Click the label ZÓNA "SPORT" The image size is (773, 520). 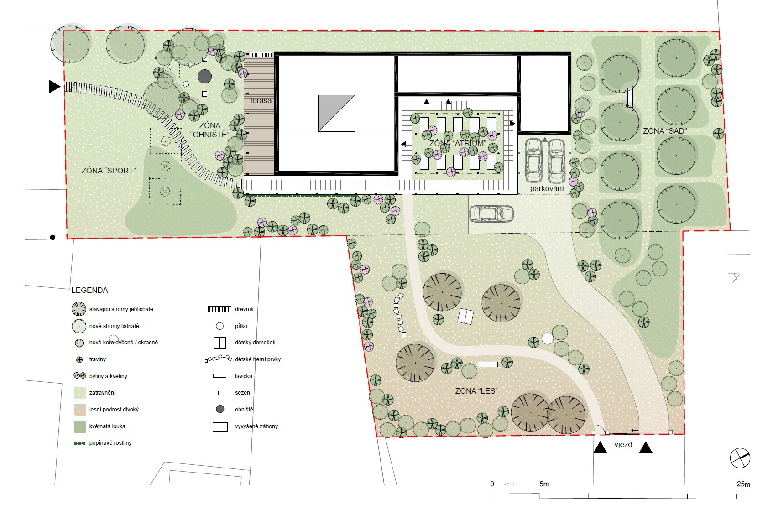pyautogui.click(x=108, y=171)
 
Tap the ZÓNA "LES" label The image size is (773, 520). pyautogui.click(x=476, y=391)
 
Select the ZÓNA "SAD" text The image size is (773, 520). pyautogui.click(x=665, y=131)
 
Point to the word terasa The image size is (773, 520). pyautogui.click(x=261, y=101)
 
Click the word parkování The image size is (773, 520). pyautogui.click(x=547, y=189)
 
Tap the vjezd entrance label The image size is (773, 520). pyautogui.click(x=623, y=444)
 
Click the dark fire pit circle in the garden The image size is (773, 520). pyautogui.click(x=204, y=76)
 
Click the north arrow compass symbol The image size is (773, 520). pyautogui.click(x=740, y=458)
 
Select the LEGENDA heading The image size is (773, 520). pyautogui.click(x=90, y=290)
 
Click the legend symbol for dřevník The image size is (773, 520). pyautogui.click(x=219, y=309)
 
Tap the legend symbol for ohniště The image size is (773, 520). pyautogui.click(x=220, y=409)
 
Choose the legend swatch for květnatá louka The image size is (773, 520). pyautogui.click(x=80, y=426)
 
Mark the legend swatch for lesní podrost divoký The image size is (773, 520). pyautogui.click(x=80, y=410)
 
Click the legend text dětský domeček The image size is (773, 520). pyautogui.click(x=256, y=343)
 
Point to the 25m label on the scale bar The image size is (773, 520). pyautogui.click(x=743, y=484)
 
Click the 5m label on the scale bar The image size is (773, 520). pyautogui.click(x=544, y=484)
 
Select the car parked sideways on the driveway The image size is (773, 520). pyautogui.click(x=491, y=213)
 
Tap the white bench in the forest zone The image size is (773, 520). pyautogui.click(x=488, y=364)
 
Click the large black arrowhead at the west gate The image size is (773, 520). pyautogui.click(x=54, y=86)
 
